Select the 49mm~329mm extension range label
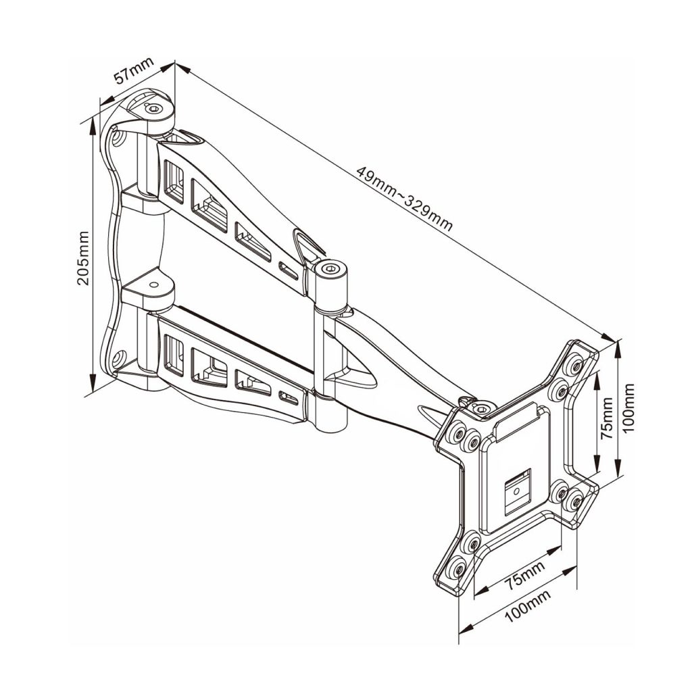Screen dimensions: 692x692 404,197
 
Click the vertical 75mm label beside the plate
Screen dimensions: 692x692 608,419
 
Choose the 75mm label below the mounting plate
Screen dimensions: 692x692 524,572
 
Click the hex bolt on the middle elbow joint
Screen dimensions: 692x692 330,270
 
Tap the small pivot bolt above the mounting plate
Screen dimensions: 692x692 481,409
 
